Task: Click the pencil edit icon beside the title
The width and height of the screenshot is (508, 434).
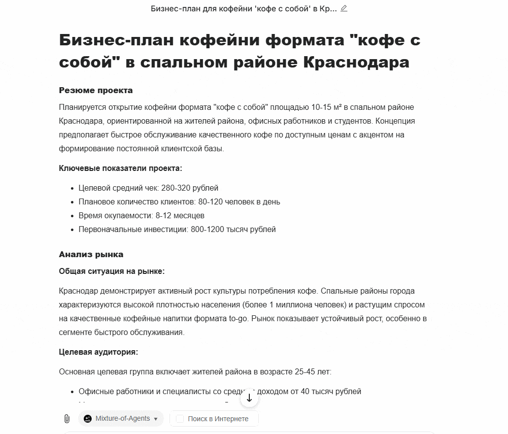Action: click(344, 8)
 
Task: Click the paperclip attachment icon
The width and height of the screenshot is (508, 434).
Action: click(67, 419)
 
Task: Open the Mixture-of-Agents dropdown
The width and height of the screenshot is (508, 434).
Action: click(121, 419)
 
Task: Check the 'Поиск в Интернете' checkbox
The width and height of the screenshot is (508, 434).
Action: click(180, 419)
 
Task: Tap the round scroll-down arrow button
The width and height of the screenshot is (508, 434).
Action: click(249, 398)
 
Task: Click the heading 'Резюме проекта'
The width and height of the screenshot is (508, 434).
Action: click(96, 91)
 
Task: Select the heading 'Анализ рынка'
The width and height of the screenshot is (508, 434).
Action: click(91, 255)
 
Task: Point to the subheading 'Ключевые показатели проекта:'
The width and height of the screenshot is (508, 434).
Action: click(120, 168)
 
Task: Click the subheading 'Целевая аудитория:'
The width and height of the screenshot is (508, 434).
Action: click(98, 352)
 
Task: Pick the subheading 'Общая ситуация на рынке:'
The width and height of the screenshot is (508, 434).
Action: click(111, 271)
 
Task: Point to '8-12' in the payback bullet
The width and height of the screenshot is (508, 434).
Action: click(165, 216)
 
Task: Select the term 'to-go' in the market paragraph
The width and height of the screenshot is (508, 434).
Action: click(238, 319)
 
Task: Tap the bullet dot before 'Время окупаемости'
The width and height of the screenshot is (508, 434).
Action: click(72, 216)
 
